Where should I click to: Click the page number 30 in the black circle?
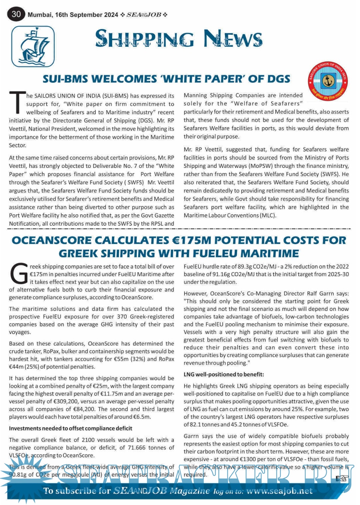point(16,14)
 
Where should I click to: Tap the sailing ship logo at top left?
point(33,46)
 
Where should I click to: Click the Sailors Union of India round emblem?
point(328,80)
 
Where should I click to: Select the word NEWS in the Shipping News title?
point(233,39)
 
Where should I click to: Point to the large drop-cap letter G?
point(19,273)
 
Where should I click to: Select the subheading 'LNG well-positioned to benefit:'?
point(224,374)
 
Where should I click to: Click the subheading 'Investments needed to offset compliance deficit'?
point(70,428)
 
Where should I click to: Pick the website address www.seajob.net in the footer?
point(279,491)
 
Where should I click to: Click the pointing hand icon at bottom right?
point(341,478)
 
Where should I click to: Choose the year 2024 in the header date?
point(111,15)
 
